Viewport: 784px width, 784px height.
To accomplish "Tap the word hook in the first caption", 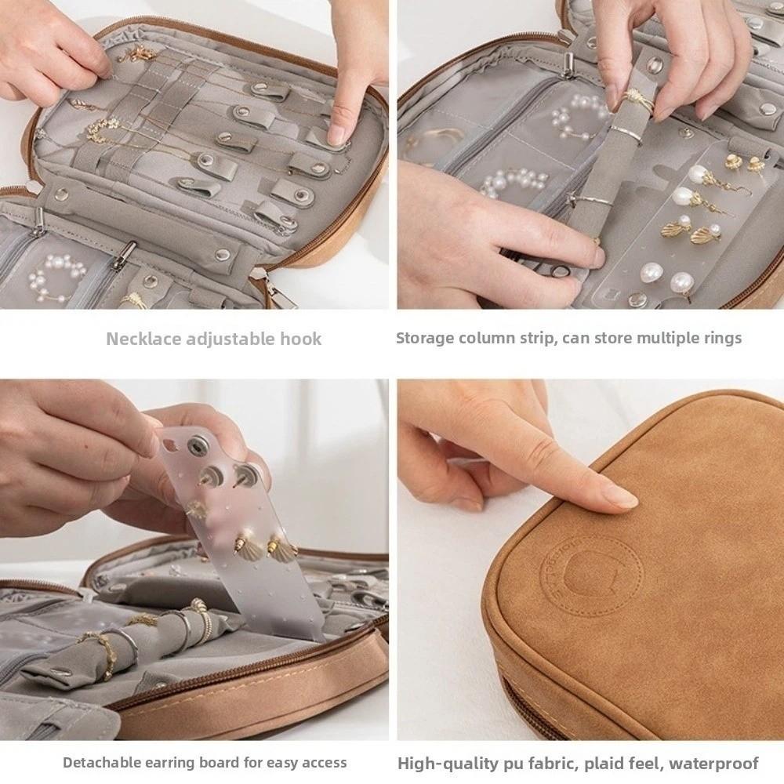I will point(302,339).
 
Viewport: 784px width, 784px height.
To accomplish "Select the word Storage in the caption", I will point(422,339).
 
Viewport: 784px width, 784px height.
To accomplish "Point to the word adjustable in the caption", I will point(228,339).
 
